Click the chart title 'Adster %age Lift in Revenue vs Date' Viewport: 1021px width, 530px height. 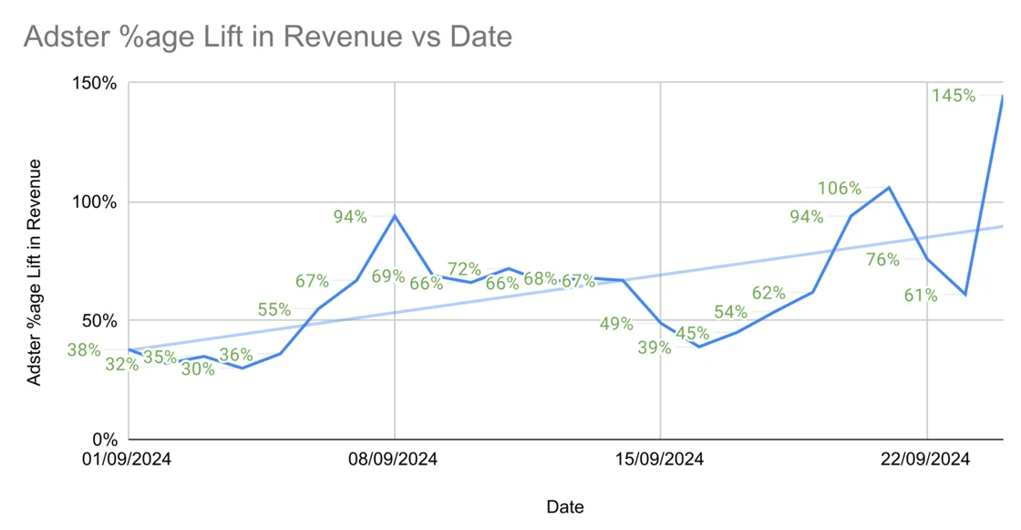click(267, 36)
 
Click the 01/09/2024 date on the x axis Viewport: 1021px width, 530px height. click(127, 460)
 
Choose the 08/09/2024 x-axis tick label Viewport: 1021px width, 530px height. click(394, 460)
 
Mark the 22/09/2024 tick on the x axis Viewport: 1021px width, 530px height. click(925, 460)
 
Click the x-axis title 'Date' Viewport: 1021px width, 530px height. click(565, 506)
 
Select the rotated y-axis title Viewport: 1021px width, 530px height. click(35, 272)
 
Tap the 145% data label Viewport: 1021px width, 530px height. click(954, 95)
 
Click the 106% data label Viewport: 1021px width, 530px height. click(840, 189)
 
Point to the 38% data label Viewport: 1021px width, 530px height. click(84, 348)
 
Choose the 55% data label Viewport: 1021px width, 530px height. click(274, 310)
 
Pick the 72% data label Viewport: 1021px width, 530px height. click(464, 269)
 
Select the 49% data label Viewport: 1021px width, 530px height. click(616, 323)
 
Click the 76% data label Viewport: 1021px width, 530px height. click(882, 260)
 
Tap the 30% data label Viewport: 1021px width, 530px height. click(198, 369)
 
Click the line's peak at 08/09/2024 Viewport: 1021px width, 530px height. click(395, 215)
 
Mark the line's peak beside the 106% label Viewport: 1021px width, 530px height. click(889, 187)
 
